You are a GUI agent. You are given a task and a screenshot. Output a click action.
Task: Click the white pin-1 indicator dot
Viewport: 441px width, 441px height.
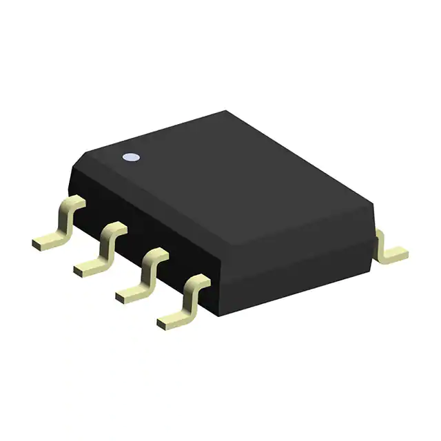130,158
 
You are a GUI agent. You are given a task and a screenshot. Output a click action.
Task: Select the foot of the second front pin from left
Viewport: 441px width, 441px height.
88,267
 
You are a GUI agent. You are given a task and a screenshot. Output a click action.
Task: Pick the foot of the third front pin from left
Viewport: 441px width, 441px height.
131,292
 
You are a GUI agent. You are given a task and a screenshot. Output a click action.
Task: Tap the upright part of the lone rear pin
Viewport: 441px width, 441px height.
381,241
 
